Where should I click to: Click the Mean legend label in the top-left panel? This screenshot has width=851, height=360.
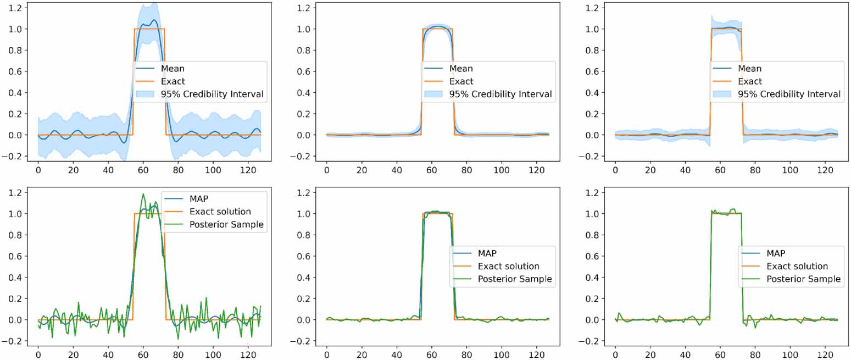pyautogui.click(x=173, y=69)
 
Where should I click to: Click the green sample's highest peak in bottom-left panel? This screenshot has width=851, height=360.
pyautogui.click(x=143, y=194)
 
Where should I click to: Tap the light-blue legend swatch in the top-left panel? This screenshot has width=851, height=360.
pyautogui.click(x=146, y=95)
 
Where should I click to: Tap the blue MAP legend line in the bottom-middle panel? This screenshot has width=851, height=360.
pyautogui.click(x=461, y=253)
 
